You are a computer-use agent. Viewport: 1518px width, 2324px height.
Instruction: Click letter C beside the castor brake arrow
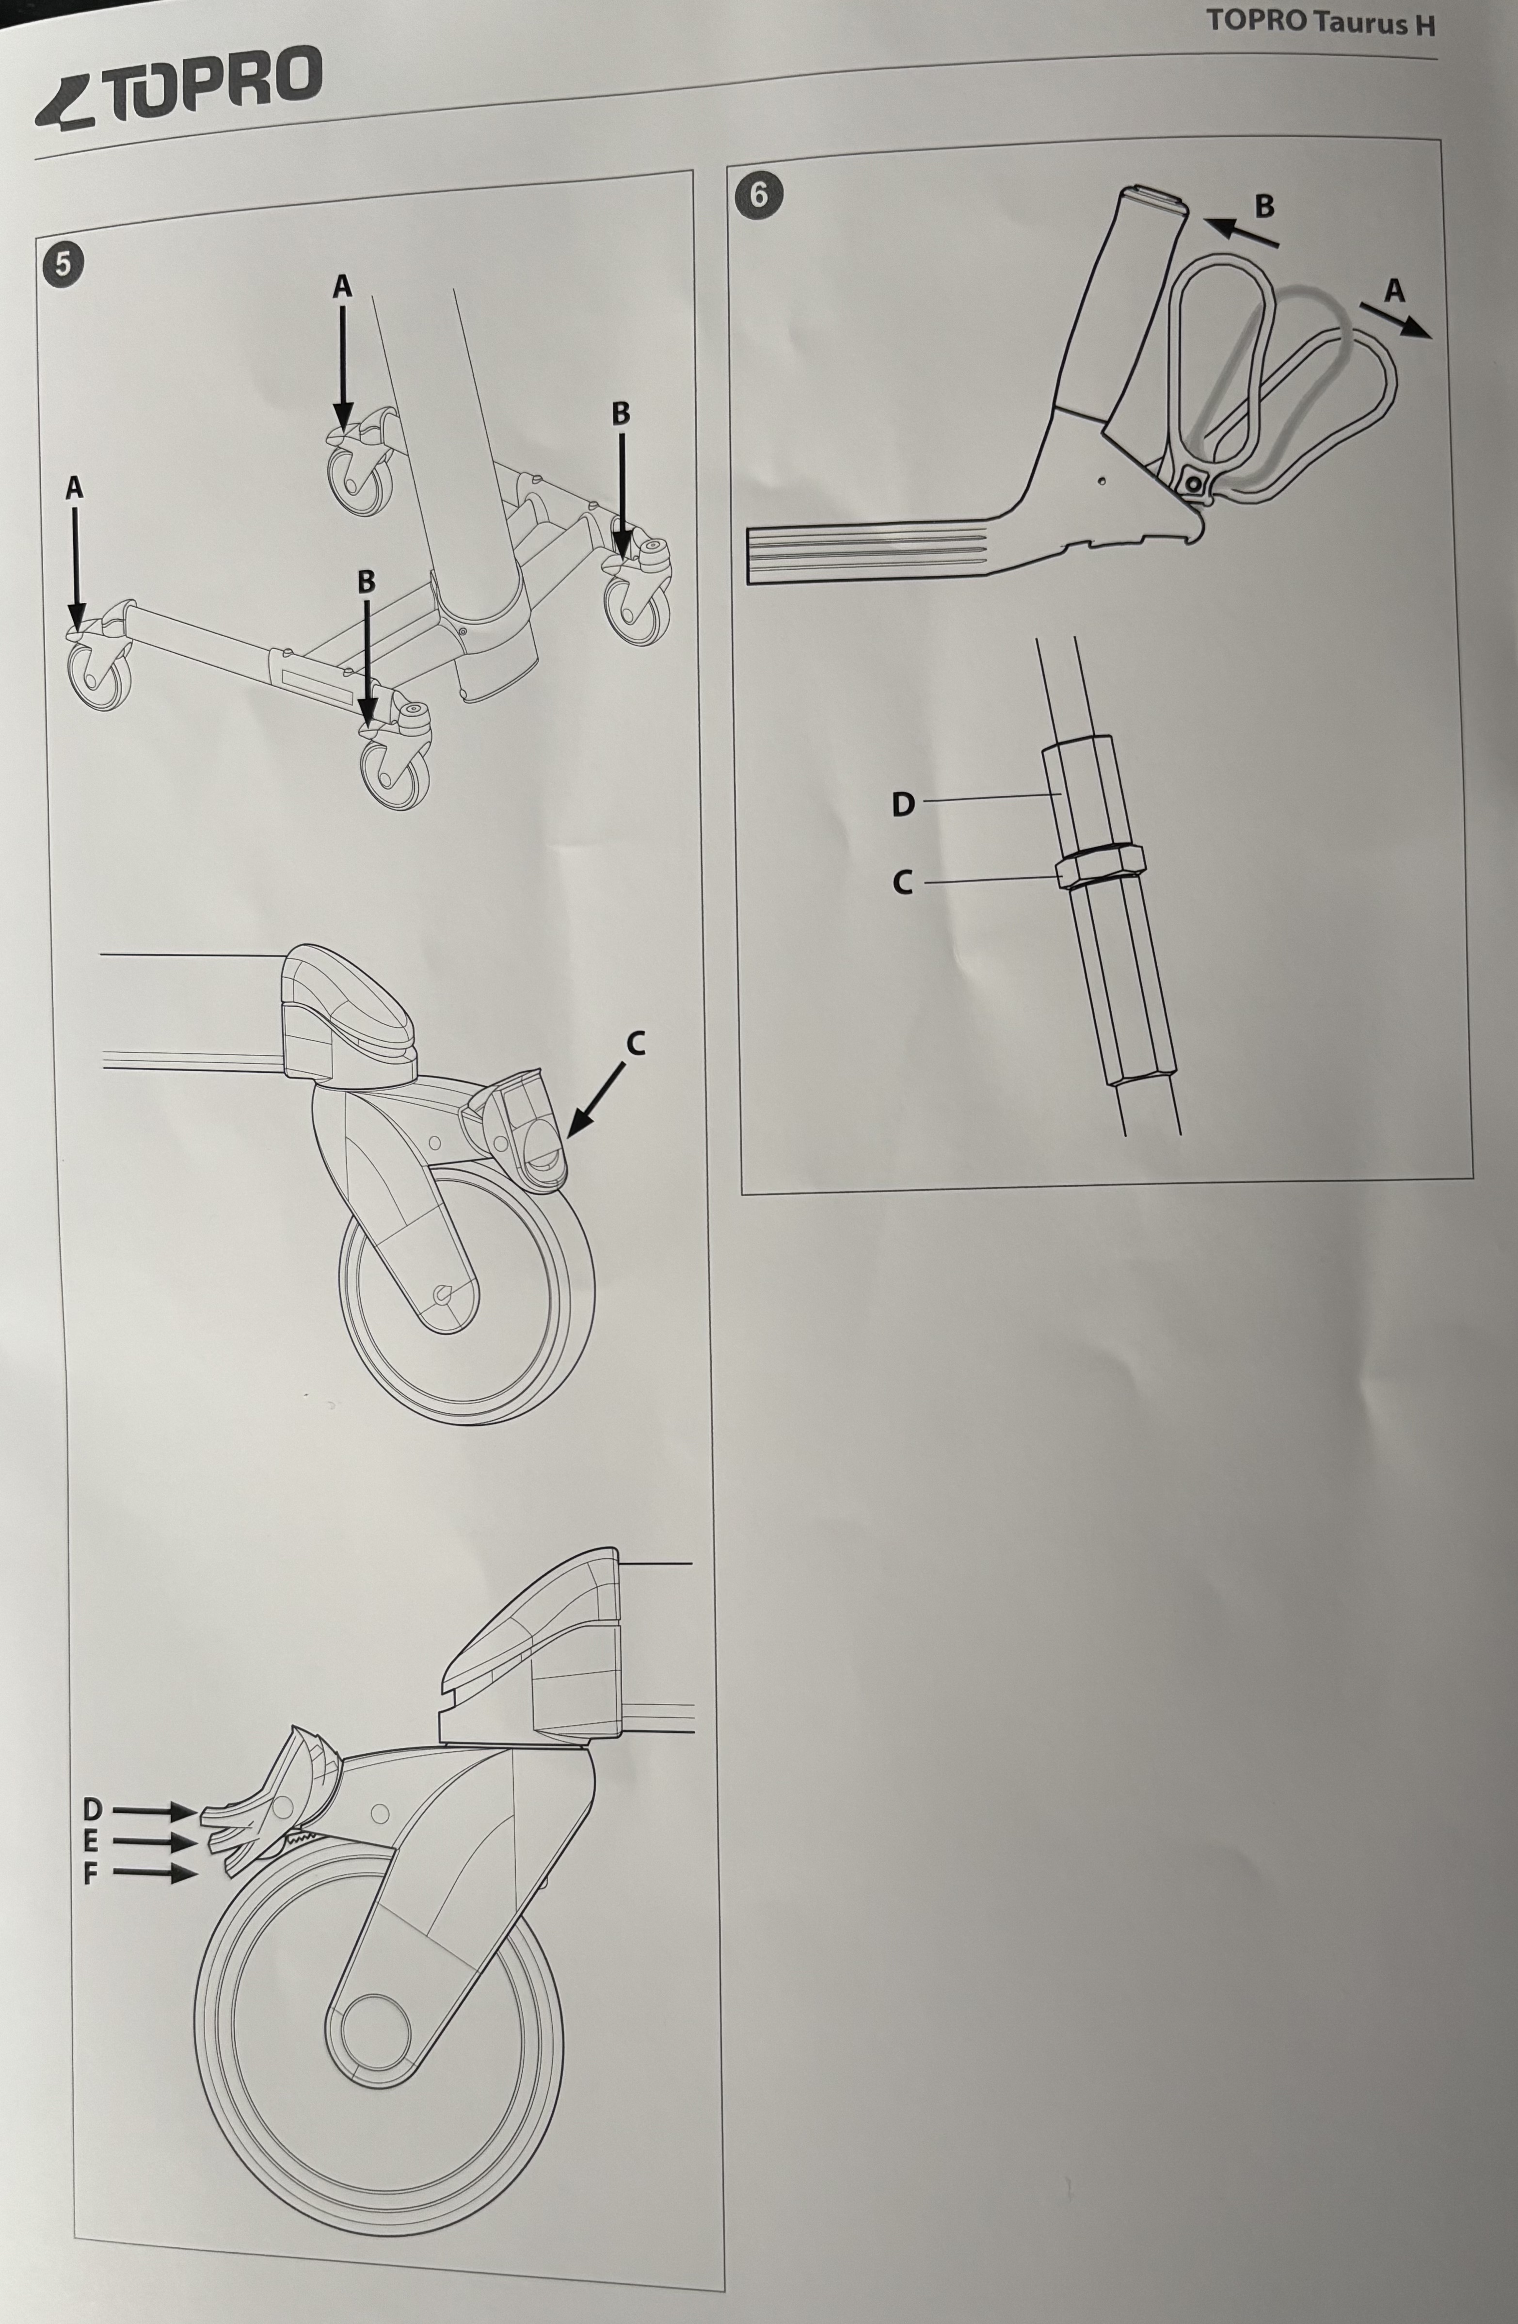636,1044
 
